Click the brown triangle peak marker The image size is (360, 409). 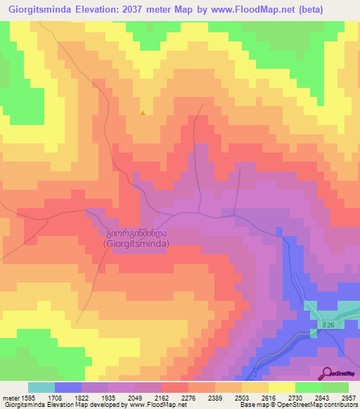143,112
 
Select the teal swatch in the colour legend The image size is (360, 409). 41,387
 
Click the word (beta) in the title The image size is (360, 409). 330,10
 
